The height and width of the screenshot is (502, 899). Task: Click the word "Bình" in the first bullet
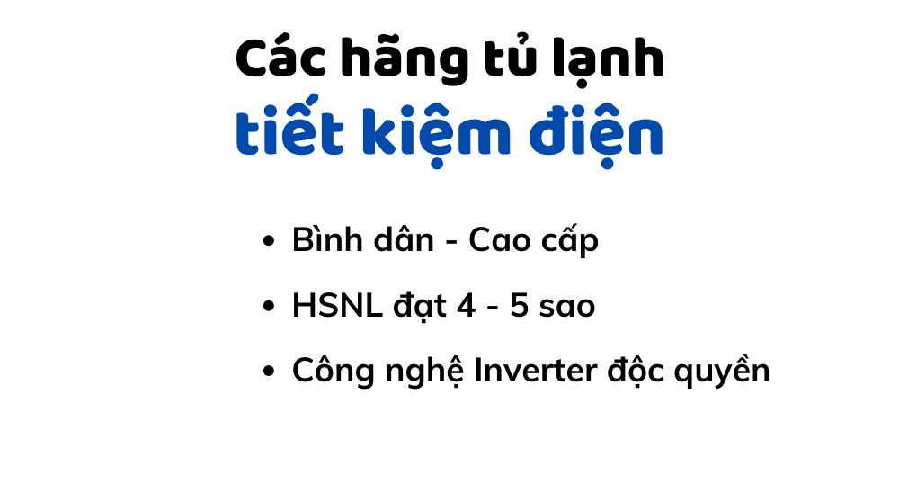pyautogui.click(x=323, y=240)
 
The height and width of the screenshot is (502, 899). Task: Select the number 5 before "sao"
pyautogui.click(x=519, y=306)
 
